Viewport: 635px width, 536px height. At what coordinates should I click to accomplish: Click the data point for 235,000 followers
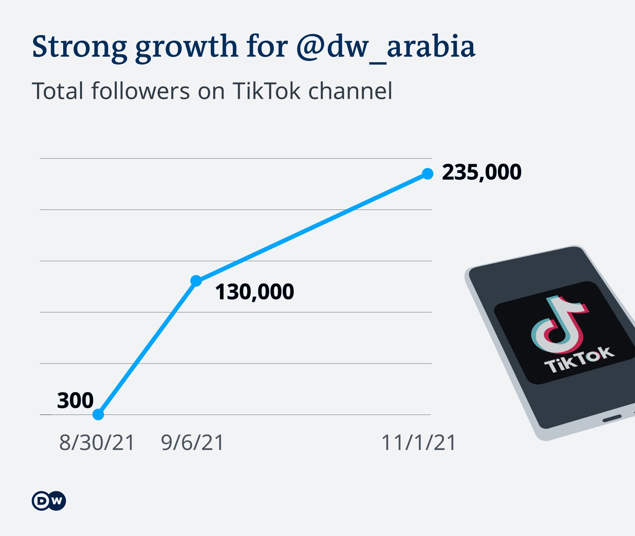click(428, 174)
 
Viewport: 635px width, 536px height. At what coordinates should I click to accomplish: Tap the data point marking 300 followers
click(98, 414)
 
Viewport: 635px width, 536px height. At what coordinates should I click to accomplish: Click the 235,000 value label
click(482, 172)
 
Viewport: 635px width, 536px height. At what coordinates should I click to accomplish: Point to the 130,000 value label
click(254, 292)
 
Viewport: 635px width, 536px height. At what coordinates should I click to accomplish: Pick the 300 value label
click(75, 400)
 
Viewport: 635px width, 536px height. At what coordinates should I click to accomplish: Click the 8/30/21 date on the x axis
click(97, 443)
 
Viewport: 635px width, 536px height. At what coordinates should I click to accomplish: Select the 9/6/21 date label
click(192, 443)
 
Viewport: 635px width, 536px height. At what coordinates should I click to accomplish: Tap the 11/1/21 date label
click(419, 443)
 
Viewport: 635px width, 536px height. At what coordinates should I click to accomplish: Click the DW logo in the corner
click(49, 501)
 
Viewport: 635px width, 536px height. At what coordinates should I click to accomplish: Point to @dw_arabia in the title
click(386, 47)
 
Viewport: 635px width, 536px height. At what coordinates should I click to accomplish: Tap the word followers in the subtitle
click(141, 91)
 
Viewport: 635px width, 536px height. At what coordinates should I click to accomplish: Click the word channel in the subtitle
click(350, 91)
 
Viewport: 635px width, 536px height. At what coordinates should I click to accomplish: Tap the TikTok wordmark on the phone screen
click(579, 360)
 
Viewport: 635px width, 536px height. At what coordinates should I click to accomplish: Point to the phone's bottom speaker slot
click(612, 419)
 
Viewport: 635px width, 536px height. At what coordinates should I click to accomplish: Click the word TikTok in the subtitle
click(267, 91)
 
